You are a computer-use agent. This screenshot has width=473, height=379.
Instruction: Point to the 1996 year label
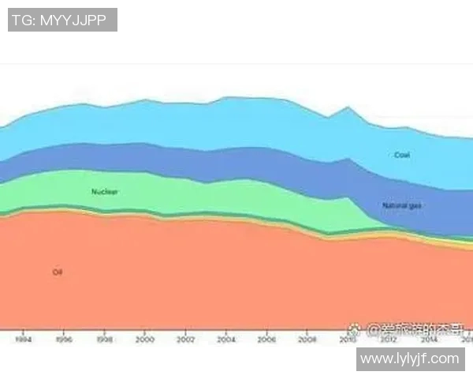click(64, 340)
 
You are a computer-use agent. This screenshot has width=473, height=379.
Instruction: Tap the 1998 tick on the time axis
click(104, 340)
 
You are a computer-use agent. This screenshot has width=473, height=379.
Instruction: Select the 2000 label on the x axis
click(145, 340)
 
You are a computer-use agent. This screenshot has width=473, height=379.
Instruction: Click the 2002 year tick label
click(185, 340)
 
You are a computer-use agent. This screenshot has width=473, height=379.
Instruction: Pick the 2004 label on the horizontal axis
click(226, 340)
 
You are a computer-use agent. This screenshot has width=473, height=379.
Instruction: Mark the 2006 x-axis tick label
click(266, 340)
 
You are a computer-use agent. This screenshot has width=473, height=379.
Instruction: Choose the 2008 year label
click(307, 340)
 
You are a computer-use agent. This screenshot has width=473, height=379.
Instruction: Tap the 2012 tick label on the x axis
click(388, 340)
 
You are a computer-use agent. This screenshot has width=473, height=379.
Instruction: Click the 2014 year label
click(429, 340)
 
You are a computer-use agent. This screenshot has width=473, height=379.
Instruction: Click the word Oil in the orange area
click(57, 272)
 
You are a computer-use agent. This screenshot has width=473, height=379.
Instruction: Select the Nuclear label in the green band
click(105, 192)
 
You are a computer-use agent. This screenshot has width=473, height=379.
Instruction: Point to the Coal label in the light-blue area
click(402, 156)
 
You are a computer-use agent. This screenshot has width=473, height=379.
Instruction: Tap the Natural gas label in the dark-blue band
click(402, 206)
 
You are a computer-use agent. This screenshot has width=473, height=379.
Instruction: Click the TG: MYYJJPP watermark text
click(62, 20)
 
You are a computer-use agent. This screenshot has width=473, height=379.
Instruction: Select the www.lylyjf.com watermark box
click(409, 358)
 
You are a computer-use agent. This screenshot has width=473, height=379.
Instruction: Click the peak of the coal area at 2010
click(348, 107)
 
